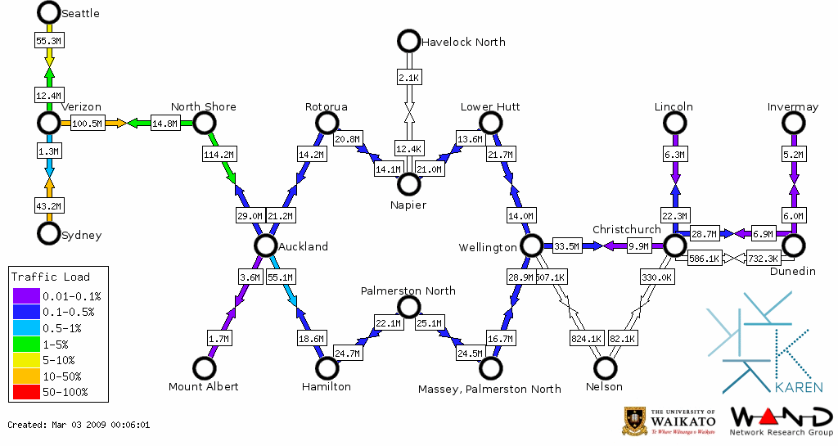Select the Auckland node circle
pyautogui.click(x=264, y=246)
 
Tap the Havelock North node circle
pyautogui.click(x=408, y=41)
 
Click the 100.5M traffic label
pyautogui.click(x=88, y=124)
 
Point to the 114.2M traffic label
pyautogui.click(x=219, y=153)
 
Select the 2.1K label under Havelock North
pyautogui.click(x=408, y=77)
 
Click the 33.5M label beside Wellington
pyautogui.click(x=566, y=246)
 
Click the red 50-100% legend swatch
pyautogui.click(x=25, y=392)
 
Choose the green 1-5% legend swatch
pyautogui.click(x=25, y=344)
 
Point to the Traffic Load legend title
pyautogui.click(x=51, y=277)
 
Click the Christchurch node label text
pyautogui.click(x=626, y=230)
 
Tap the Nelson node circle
pyautogui.click(x=605, y=368)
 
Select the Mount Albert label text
pyautogui.click(x=203, y=386)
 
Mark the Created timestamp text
pyautogui.click(x=79, y=425)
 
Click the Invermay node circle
pyautogui.click(x=793, y=123)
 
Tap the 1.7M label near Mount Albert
pyautogui.click(x=219, y=337)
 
